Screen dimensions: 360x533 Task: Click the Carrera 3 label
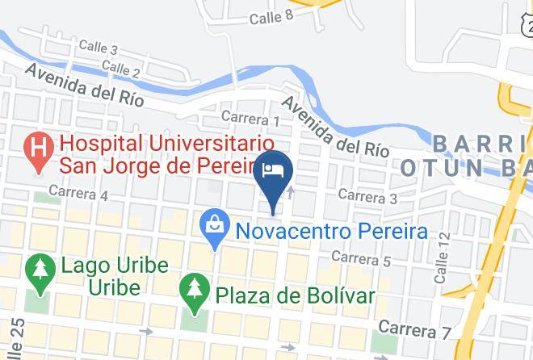[x=367, y=195]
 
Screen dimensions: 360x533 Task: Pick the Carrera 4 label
[x=78, y=194]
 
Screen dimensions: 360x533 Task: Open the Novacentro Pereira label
[x=331, y=231]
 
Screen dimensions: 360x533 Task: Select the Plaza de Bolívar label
[x=294, y=295]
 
